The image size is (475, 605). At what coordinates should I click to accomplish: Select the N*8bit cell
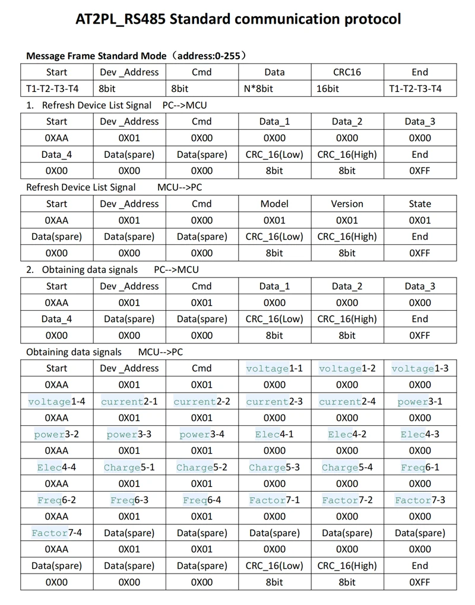point(274,89)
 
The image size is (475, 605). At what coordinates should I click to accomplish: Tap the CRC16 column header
point(347,72)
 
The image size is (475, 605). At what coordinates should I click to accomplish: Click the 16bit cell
point(347,89)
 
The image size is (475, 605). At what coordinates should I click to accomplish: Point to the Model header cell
point(274,203)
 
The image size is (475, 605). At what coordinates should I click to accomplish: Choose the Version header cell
point(347,203)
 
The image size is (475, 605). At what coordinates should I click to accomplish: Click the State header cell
point(420,203)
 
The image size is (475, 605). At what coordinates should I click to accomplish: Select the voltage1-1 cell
point(274,368)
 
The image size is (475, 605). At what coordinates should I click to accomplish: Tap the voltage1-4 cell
point(56,402)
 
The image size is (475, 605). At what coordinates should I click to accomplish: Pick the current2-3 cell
point(274,402)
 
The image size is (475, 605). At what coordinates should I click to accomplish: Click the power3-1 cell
point(420,402)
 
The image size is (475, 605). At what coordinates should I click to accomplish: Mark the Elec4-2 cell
point(347,434)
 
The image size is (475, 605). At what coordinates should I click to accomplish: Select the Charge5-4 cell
point(347,467)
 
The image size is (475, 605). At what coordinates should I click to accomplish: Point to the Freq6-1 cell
point(420,467)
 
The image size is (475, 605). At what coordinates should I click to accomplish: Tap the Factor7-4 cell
point(56,533)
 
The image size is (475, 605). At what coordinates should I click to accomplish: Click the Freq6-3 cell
point(129,500)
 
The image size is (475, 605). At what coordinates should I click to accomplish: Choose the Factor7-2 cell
point(347,500)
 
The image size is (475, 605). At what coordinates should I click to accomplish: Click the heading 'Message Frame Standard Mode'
point(96,56)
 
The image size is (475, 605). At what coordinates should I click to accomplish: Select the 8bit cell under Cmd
point(202,89)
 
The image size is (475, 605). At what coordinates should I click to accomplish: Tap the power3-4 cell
point(202,434)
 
